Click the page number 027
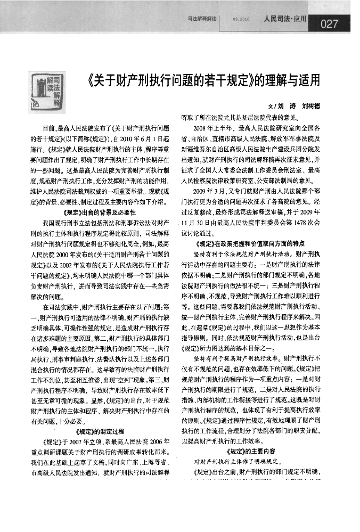[x=330, y=23]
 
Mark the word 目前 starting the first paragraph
[x=50, y=128]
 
